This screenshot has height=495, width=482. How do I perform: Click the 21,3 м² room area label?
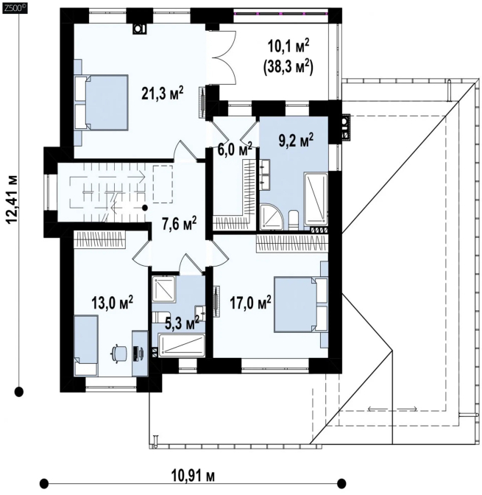(x=162, y=94)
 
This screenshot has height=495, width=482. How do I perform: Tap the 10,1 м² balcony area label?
(x=288, y=46)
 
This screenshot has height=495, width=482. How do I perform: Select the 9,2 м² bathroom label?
(x=296, y=141)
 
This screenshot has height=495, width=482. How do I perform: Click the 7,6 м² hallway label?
(x=179, y=225)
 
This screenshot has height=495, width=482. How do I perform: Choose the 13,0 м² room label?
(x=112, y=303)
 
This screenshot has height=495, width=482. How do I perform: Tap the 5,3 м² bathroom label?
(x=182, y=323)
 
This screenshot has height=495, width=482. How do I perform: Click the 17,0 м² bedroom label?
(x=250, y=303)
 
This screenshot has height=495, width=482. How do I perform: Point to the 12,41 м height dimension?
(x=13, y=199)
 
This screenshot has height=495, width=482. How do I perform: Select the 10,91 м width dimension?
(x=193, y=476)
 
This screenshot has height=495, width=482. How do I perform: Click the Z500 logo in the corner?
(x=14, y=9)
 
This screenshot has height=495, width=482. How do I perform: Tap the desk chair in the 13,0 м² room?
(x=119, y=353)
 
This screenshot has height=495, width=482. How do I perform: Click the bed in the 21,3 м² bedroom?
(x=102, y=102)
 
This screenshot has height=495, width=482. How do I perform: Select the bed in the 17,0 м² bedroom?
(x=301, y=304)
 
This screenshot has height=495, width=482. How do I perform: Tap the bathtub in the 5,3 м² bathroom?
(x=181, y=346)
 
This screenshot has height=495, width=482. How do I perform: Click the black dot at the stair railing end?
(x=145, y=208)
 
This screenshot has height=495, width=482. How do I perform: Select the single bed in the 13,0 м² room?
(x=86, y=346)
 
